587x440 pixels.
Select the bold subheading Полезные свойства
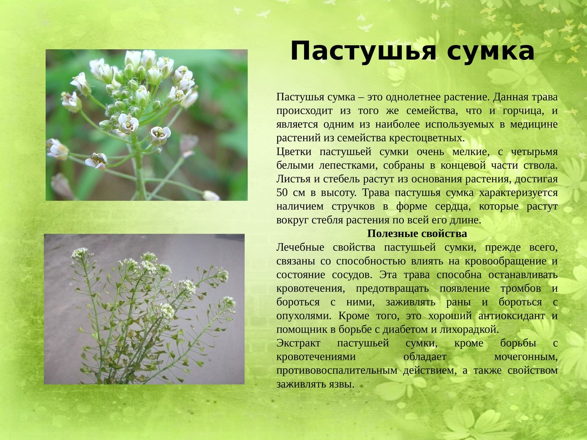tap(417, 234)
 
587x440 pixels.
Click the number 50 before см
tap(282, 193)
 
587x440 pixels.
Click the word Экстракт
tap(298, 343)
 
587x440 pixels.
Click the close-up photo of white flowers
tap(147, 125)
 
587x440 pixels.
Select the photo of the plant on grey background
tap(144, 309)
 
